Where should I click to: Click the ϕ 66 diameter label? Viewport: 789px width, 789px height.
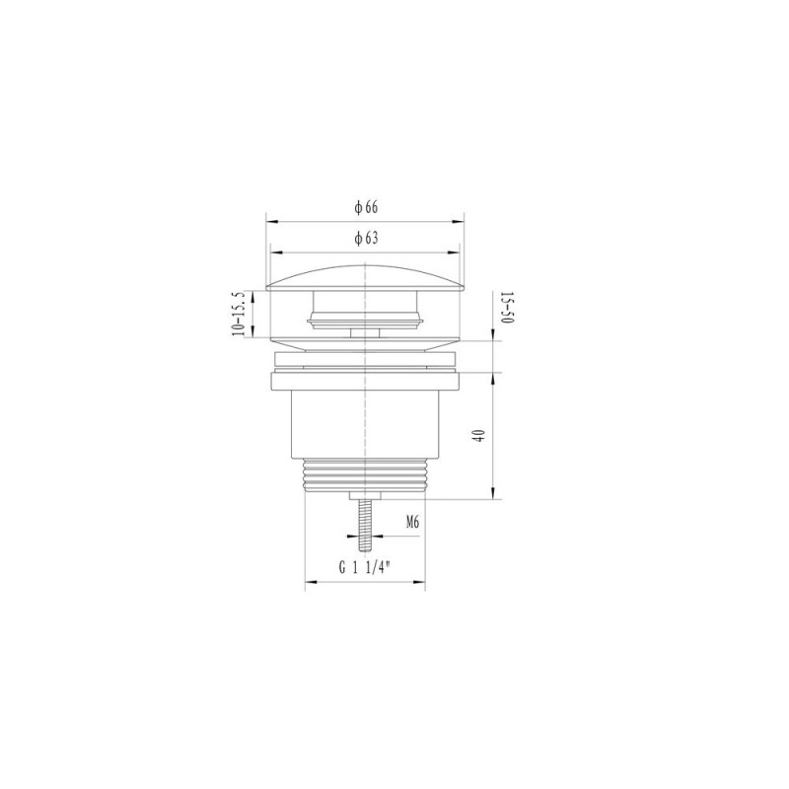point(366,207)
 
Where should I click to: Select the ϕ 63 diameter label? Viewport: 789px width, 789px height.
point(366,238)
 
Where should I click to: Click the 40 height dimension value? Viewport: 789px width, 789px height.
point(479,435)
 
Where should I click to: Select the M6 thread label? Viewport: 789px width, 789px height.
point(412,523)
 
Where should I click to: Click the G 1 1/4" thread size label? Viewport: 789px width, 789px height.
point(365,568)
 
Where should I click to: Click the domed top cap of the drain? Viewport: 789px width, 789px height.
point(365,278)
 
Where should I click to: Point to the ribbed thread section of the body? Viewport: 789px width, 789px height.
point(365,475)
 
